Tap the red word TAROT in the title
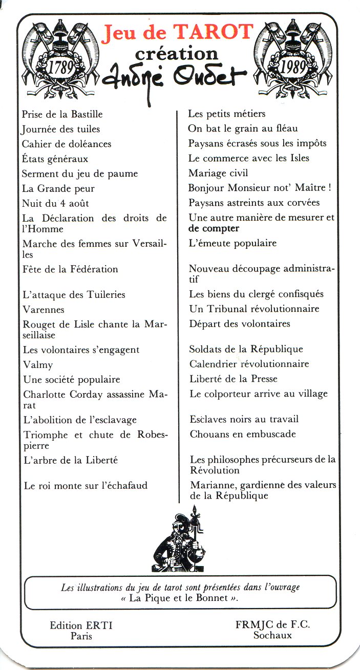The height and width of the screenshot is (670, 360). pyautogui.click(x=214, y=32)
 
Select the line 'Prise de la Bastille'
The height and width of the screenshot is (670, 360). pyautogui.click(x=62, y=114)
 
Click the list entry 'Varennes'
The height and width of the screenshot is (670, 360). pyautogui.click(x=44, y=310)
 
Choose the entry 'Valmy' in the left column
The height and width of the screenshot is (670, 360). pyautogui.click(x=38, y=365)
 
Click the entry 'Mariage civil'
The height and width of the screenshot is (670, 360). pyautogui.click(x=218, y=173)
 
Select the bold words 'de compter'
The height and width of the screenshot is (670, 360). pyautogui.click(x=214, y=228)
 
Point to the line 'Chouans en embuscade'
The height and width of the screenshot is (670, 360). pyautogui.click(x=243, y=434)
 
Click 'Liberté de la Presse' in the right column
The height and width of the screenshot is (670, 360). pyautogui.click(x=234, y=379)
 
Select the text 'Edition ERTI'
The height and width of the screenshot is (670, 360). pyautogui.click(x=81, y=625)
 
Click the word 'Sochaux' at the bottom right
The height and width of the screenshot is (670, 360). pyautogui.click(x=272, y=635)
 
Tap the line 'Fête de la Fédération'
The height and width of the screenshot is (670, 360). pyautogui.click(x=71, y=269)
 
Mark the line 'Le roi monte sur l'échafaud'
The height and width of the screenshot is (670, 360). pyautogui.click(x=86, y=485)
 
